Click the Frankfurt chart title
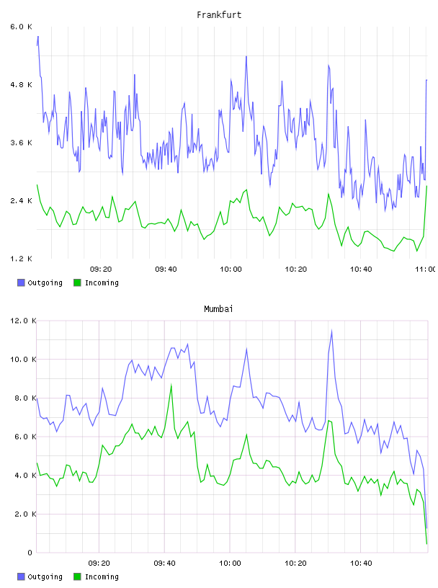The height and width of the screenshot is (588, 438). click(219, 15)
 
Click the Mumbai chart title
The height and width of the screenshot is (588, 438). click(218, 309)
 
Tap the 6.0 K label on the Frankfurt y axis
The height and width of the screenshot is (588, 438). click(21, 27)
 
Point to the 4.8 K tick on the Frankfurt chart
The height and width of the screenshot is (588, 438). click(21, 85)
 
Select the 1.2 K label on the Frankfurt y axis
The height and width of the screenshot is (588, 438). click(21, 259)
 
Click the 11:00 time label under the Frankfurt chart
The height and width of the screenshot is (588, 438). click(425, 269)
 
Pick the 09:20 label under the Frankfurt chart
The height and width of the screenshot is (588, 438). click(101, 269)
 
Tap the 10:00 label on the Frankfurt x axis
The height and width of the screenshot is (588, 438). click(231, 269)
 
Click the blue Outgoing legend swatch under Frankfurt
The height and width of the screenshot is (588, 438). click(21, 282)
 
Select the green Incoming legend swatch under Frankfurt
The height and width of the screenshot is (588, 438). click(77, 282)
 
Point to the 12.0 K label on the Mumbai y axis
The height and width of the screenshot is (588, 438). click(23, 321)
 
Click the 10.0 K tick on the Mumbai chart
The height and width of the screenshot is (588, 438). click(23, 360)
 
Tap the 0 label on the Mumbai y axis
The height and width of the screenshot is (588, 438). click(30, 553)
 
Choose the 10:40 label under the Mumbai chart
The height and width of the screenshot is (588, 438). click(361, 563)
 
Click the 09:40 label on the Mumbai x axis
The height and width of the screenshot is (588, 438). click(165, 563)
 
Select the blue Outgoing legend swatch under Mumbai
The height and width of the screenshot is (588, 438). click(21, 576)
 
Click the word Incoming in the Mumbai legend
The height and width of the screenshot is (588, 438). click(102, 576)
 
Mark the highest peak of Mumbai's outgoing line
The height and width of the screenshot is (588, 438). click(331, 331)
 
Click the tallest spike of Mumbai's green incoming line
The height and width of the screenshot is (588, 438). click(171, 385)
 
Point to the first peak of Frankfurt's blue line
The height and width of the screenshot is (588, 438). click(38, 37)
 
